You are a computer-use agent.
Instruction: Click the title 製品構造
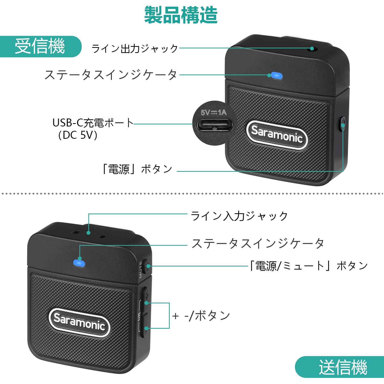pyautogui.click(x=181, y=15)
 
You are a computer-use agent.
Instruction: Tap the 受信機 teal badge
pyautogui.click(x=40, y=46)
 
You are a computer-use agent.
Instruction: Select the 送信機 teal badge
pyautogui.click(x=343, y=367)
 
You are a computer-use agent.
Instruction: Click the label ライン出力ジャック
pyautogui.click(x=135, y=48)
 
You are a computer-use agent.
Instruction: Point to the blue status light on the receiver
pyautogui.click(x=277, y=76)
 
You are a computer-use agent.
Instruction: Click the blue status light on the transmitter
pyautogui.click(x=79, y=263)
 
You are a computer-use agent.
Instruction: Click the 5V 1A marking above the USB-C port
pyautogui.click(x=214, y=112)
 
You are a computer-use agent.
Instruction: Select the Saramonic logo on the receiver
pyautogui.click(x=277, y=135)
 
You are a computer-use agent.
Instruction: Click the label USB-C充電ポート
pyautogui.click(x=93, y=123)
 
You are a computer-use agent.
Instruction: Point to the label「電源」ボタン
pyautogui.click(x=137, y=169)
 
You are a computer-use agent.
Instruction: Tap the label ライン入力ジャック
pyautogui.click(x=239, y=216)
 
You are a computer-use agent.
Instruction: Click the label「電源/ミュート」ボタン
pyautogui.click(x=309, y=266)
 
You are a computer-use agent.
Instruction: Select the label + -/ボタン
pyautogui.click(x=201, y=316)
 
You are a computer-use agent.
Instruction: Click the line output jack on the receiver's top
pyautogui.click(x=312, y=48)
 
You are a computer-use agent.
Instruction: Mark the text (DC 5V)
pyautogui.click(x=78, y=135)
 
